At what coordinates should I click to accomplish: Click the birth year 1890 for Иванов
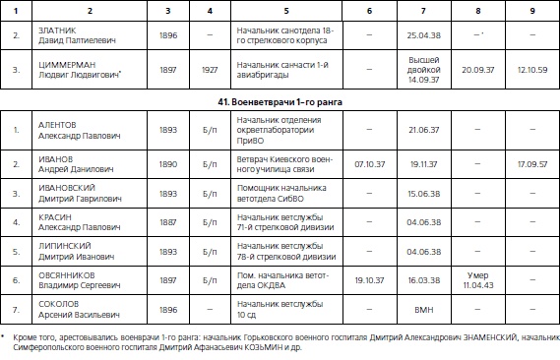click(x=169, y=161)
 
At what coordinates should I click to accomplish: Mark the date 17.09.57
click(x=532, y=161)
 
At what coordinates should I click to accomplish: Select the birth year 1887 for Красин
click(x=169, y=222)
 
